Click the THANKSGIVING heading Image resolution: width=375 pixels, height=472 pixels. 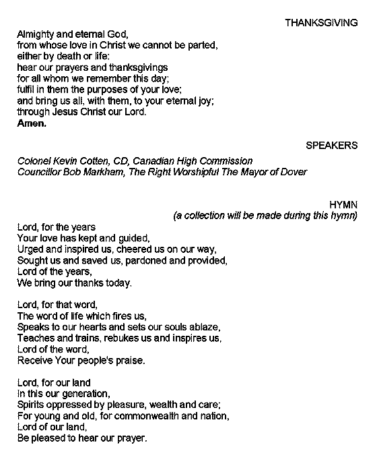pos(320,22)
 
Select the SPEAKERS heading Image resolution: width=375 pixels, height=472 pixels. pos(331,146)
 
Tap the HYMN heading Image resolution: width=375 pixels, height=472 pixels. pos(343,204)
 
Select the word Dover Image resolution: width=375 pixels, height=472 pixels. pos(293,172)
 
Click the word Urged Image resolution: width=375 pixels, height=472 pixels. pos(30,249)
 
